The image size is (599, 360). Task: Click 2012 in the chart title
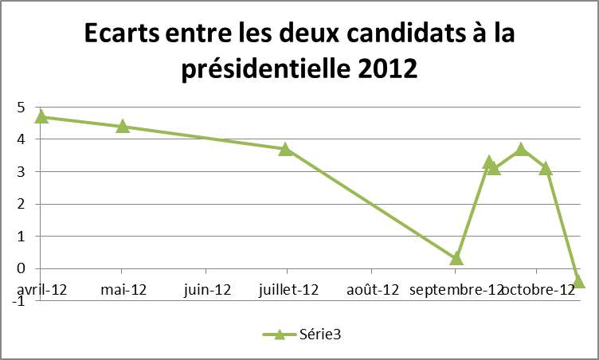coord(381,69)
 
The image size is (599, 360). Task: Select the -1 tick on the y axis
coord(18,301)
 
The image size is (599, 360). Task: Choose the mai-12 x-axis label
coord(123,289)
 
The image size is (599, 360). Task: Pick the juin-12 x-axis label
coord(207,289)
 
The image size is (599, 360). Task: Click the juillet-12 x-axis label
coord(290,289)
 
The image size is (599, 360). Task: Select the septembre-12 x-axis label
coord(456,289)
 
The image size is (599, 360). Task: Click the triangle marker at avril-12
coord(41,116)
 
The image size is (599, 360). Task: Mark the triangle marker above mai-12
coord(123,126)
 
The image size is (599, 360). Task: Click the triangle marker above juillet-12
coord(285,149)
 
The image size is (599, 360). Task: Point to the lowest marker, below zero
coord(579,281)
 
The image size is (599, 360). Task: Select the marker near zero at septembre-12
coord(456,259)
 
